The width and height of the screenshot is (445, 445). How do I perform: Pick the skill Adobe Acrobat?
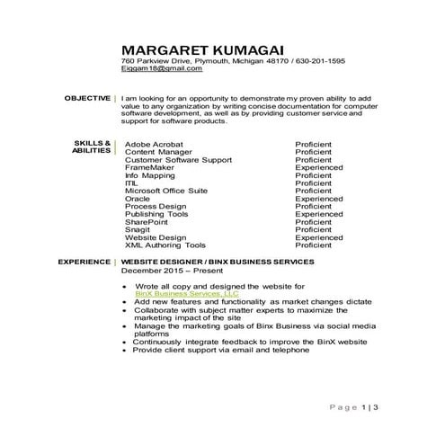pos(154,143)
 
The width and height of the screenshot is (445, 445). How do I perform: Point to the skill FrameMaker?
pos(151,166)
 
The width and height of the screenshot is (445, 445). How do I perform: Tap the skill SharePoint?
pos(147,221)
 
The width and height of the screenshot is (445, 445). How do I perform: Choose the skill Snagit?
pos(138,229)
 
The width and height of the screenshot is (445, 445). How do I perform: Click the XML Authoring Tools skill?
pos(165,245)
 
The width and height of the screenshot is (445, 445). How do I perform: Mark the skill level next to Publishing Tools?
pos(318,214)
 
